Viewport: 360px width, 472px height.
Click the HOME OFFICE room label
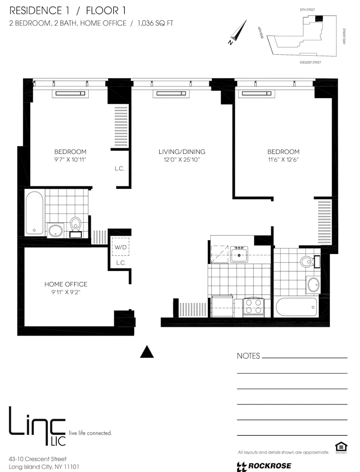click(66, 284)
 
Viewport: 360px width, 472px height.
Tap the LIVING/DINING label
click(182, 152)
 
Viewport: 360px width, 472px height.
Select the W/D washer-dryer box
click(120, 246)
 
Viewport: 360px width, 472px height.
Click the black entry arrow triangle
click(148, 352)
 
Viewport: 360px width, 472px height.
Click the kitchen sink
click(240, 255)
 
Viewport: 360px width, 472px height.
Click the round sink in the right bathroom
click(313, 285)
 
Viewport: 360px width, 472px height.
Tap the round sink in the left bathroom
click(56, 231)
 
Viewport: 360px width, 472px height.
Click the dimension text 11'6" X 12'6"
click(283, 160)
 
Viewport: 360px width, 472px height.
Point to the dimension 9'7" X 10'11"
click(70, 160)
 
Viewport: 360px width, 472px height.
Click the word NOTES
click(248, 356)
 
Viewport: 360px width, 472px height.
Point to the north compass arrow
click(239, 32)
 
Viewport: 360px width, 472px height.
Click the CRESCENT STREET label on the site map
click(310, 62)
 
